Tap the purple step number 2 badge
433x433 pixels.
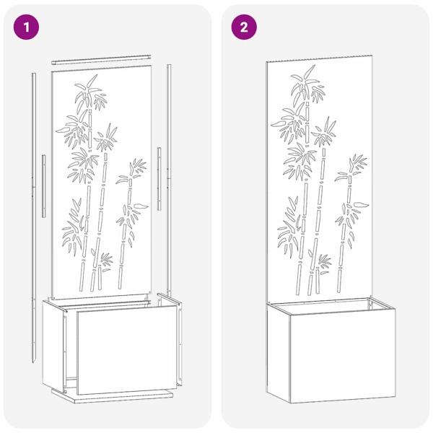pyautogui.click(x=244, y=27)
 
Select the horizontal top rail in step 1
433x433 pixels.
pyautogui.click(x=101, y=57)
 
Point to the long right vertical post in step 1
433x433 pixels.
pyautogui.click(x=169, y=180)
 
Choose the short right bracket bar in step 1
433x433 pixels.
pyautogui.click(x=158, y=170)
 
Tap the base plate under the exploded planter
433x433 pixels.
pyautogui.click(x=115, y=396)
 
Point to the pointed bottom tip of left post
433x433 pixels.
pyautogui.click(x=34, y=358)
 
